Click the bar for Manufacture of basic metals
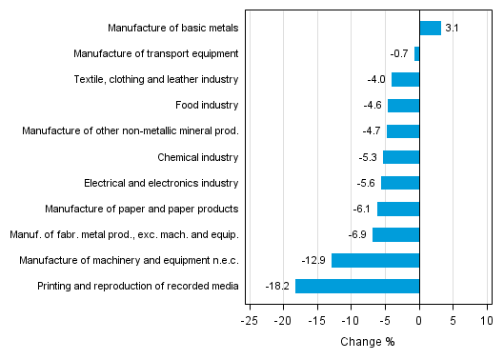pos(430,29)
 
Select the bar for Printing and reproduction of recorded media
pos(357,286)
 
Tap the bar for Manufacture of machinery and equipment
pos(375,260)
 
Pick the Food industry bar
pos(403,106)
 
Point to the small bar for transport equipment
pos(417,54)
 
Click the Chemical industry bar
pos(401,157)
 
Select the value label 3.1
pos(452,29)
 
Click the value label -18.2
pos(279,286)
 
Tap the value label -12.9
pos(315,260)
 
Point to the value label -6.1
pos(362,209)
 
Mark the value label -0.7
pos(399,54)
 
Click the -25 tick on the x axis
pos(250,321)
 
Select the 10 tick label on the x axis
pos(487,321)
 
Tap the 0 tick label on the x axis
pos(419,321)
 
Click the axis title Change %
pos(367,342)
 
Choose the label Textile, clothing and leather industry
pos(155,80)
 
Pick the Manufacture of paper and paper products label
pos(142,209)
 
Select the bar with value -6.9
pos(395,234)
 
